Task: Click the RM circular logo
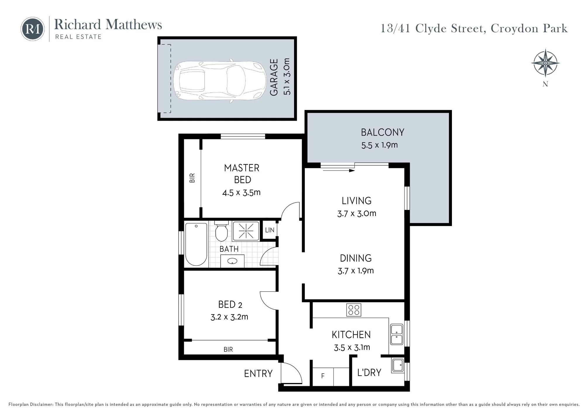pyautogui.click(x=32, y=29)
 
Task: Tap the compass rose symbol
pyautogui.click(x=545, y=63)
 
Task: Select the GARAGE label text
pyautogui.click(x=274, y=77)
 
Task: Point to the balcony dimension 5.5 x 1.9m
pyautogui.click(x=379, y=145)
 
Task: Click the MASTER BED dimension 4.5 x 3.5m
pyautogui.click(x=241, y=192)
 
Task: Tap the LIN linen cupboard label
pyautogui.click(x=270, y=230)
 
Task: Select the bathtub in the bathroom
pyautogui.click(x=196, y=244)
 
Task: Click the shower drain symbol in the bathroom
pyautogui.click(x=246, y=231)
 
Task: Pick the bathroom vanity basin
pyautogui.click(x=233, y=261)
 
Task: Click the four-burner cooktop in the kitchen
pyautogui.click(x=354, y=310)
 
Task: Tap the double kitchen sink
pyautogui.click(x=397, y=334)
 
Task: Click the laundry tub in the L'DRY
pyautogui.click(x=398, y=365)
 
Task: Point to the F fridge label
pyautogui.click(x=323, y=376)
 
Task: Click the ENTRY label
pyautogui.click(x=258, y=374)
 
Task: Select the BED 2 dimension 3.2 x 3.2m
pyautogui.click(x=229, y=317)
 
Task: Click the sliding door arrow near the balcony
pyautogui.click(x=339, y=170)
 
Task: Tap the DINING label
pyautogui.click(x=356, y=258)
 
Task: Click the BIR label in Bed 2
pyautogui.click(x=228, y=349)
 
